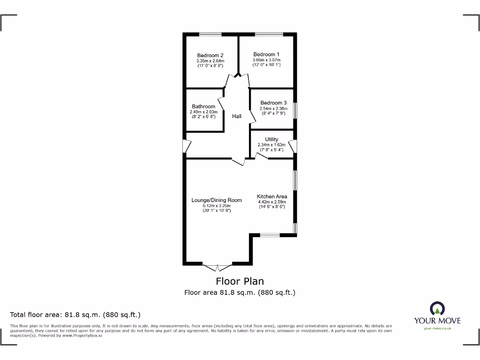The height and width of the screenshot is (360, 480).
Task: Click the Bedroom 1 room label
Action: coord(267,54)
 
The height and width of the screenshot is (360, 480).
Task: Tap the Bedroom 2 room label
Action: coord(210,55)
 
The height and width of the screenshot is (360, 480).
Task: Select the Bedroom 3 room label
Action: coord(273,103)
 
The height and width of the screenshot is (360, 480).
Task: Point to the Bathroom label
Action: coord(203,107)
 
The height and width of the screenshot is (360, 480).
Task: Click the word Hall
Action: coord(237,116)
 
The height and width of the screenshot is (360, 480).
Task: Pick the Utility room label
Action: coord(271,139)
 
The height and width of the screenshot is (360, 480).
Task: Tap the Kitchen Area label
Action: coord(272,196)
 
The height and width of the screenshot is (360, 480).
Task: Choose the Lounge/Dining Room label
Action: coord(217,200)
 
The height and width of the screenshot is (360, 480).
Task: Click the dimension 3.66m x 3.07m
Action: coord(267,60)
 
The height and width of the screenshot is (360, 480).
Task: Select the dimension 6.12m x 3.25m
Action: coord(217,206)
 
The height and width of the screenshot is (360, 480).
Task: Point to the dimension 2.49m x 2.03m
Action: coord(203,112)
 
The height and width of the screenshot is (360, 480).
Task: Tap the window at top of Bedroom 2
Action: coord(210,34)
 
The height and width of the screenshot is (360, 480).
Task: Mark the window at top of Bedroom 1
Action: coord(269,34)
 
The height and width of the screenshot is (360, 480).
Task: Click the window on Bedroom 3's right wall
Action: coord(295,110)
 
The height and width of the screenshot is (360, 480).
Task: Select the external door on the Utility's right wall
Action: coord(293,146)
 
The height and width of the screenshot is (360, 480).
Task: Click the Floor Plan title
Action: coord(240,281)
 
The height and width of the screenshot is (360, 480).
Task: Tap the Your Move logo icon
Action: coord(437,309)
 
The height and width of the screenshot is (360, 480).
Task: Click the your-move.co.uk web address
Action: coord(437,329)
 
